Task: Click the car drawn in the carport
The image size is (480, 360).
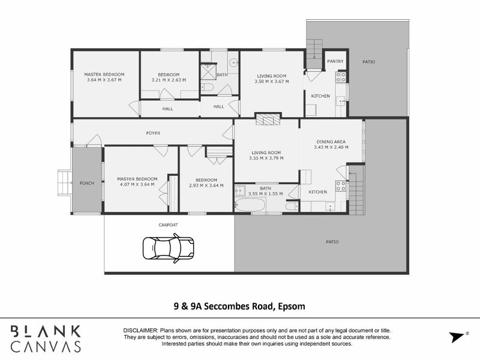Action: point(169,247)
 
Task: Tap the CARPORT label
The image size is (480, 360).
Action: point(168,224)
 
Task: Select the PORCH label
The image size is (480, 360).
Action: point(87,183)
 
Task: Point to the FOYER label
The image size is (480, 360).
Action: point(152,133)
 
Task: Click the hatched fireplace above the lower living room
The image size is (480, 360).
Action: point(268,119)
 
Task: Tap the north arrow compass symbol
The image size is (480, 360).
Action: point(457,336)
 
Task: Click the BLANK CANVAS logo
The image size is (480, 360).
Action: point(46,338)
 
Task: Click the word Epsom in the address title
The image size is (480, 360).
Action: point(290,306)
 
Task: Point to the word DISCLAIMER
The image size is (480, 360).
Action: point(140,331)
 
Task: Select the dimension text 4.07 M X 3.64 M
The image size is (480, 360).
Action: point(137,184)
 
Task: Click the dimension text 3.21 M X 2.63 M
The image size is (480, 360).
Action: point(169,79)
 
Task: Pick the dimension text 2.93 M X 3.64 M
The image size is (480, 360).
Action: point(206,185)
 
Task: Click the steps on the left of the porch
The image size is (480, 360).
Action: point(64,183)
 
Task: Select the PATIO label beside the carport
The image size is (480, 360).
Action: point(332,241)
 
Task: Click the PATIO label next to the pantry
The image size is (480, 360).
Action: point(368,61)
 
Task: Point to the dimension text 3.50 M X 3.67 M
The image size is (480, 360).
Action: point(271,81)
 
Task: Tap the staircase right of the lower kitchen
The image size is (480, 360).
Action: point(356,191)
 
